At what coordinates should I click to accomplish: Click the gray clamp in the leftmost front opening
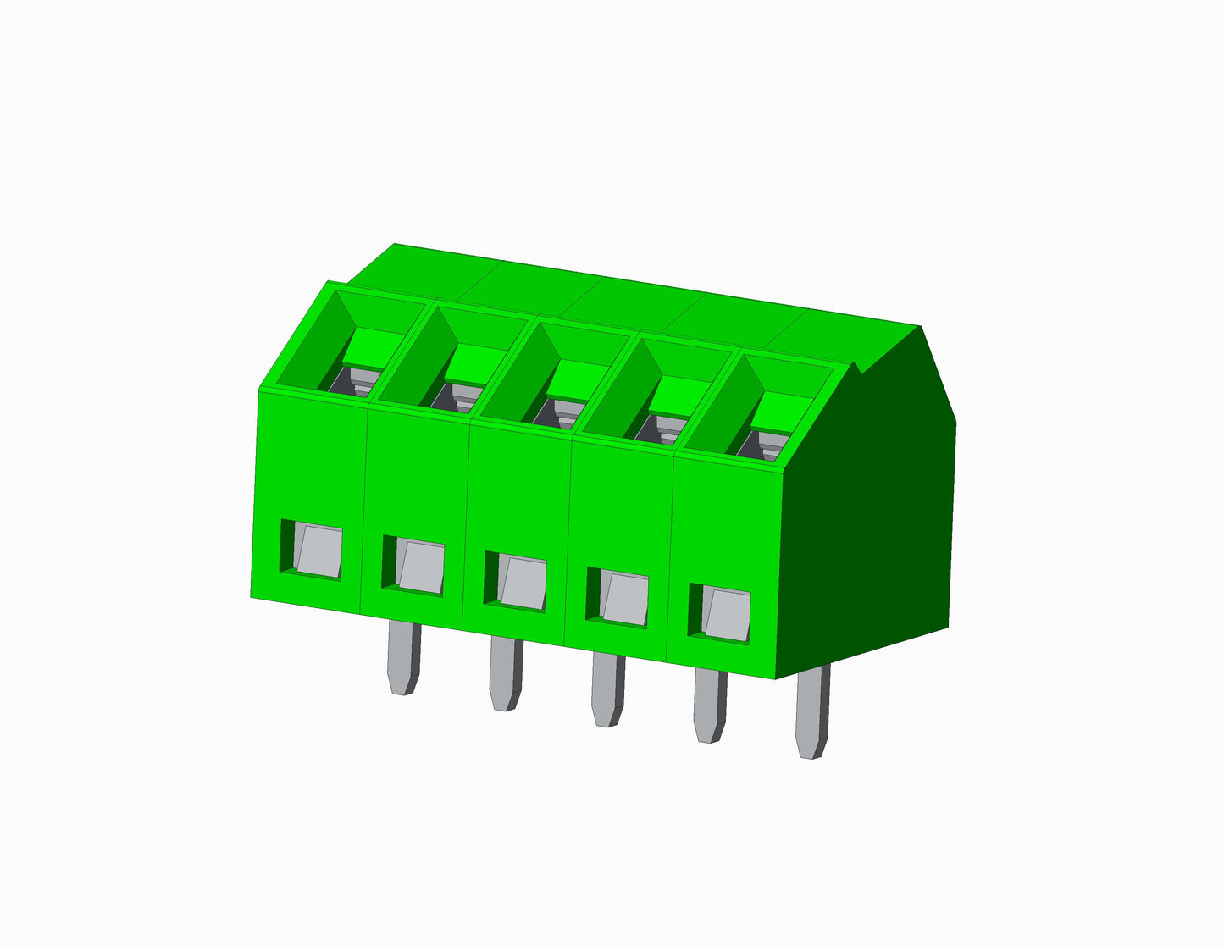coord(318,551)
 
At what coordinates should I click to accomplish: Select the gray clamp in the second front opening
coord(421,567)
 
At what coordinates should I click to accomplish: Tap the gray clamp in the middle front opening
coord(522,583)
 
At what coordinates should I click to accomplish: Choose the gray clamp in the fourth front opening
coord(625,600)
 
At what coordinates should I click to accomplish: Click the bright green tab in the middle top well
coord(577,378)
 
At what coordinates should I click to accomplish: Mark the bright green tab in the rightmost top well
coord(784,411)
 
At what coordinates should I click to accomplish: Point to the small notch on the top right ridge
coord(858,369)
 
